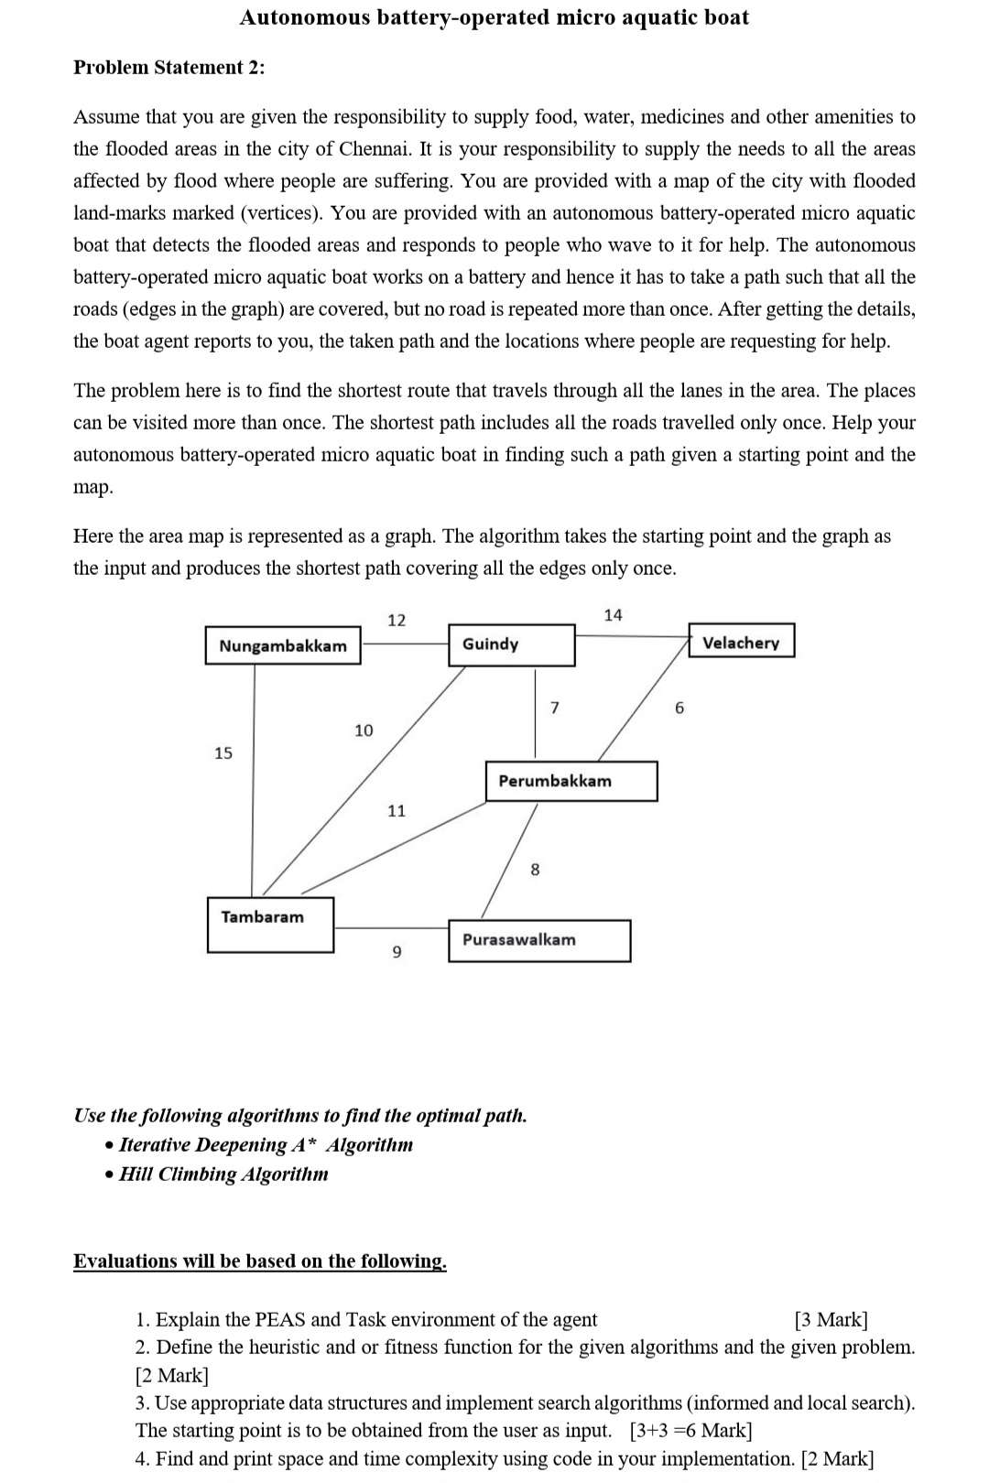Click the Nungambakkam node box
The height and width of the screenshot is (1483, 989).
point(283,645)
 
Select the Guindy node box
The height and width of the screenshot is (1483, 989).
point(511,644)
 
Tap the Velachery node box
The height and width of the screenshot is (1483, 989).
point(741,642)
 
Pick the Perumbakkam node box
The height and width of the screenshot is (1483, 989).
point(571,781)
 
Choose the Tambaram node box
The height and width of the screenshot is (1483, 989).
point(270,925)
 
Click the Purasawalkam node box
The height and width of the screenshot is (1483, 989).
point(539,940)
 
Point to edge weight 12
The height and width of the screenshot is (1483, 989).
point(397,620)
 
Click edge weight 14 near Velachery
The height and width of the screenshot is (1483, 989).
point(613,615)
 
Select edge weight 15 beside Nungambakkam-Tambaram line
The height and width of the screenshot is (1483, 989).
point(223,752)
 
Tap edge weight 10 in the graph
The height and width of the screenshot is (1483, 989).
point(364,730)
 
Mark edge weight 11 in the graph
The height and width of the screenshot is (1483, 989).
point(397,810)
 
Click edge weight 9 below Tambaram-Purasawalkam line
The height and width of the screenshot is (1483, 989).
point(397,953)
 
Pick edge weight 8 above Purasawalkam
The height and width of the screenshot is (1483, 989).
point(536,869)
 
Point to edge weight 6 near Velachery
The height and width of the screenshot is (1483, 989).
point(679,708)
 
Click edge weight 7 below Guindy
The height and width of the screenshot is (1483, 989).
point(554,707)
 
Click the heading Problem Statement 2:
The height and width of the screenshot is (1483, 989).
point(169,67)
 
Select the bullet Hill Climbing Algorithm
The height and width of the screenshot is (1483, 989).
point(223,1174)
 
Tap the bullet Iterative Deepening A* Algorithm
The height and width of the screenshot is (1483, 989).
point(266,1144)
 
